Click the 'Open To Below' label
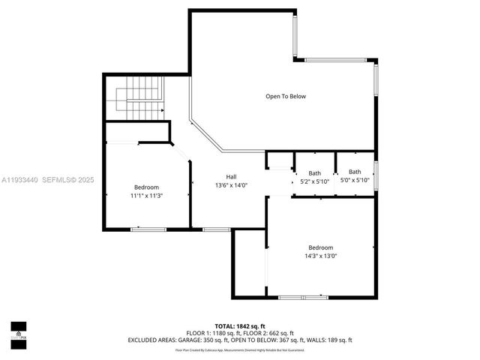[x=286, y=96]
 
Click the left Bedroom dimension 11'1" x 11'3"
[x=146, y=196]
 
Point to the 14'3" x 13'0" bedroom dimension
[x=320, y=256]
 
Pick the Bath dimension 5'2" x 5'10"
[x=314, y=181]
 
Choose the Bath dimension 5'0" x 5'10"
[x=355, y=180]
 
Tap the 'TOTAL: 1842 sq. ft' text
[x=240, y=326]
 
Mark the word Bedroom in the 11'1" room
[x=146, y=187]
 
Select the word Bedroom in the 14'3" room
[x=320, y=247]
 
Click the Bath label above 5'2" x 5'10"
[x=314, y=172]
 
